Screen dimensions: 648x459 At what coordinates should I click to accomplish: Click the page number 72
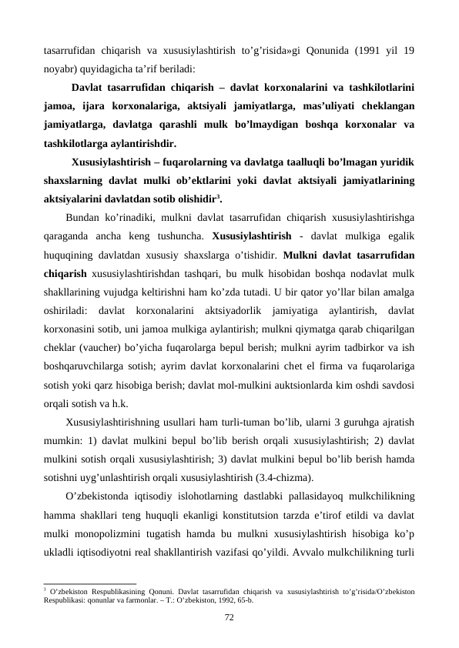(x=229, y=618)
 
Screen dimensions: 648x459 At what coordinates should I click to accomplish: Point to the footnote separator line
(x=90, y=583)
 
